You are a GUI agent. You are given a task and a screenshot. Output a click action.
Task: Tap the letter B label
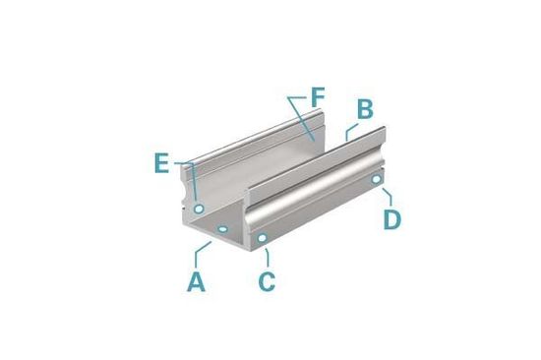pos(363,109)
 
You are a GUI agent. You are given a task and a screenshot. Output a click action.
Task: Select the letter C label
pos(267,281)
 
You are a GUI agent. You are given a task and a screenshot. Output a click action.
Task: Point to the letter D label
pos(391,218)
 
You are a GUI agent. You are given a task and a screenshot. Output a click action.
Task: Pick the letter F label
pos(316,97)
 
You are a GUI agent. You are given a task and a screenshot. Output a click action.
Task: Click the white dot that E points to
pos(199,210)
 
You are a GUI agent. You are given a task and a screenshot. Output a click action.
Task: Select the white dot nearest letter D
pos(376,180)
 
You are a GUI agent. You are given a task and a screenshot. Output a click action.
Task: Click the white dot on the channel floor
pos(225,229)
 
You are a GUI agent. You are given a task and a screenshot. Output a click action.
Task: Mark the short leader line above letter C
pos(266,255)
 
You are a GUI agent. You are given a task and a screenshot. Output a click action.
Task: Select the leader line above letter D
pos(388,195)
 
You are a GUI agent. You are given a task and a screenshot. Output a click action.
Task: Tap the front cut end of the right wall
pos(255,217)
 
